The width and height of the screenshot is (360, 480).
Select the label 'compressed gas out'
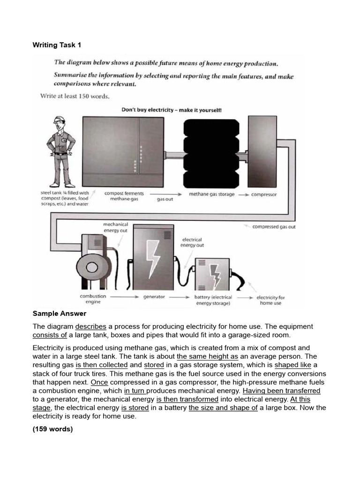point(274,227)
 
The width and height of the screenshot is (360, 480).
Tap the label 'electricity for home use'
point(270,300)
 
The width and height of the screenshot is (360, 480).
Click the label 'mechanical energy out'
point(115,227)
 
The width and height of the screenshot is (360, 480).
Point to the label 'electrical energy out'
point(192,242)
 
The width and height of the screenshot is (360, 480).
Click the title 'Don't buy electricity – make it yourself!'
point(172,110)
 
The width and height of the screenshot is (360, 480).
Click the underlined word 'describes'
point(90,326)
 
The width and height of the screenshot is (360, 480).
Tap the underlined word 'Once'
point(99,382)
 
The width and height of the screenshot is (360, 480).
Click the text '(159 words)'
point(53,429)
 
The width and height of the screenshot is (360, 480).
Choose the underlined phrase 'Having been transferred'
point(281,390)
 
